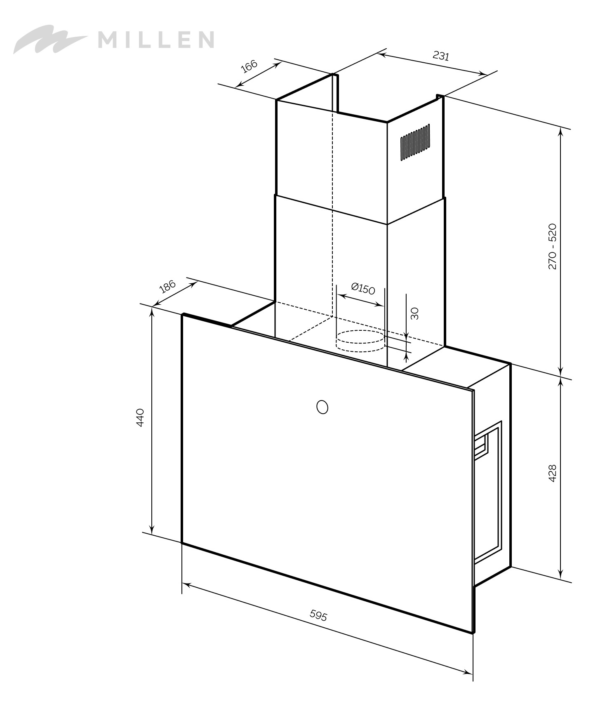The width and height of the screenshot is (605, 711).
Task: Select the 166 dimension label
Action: pos(249,66)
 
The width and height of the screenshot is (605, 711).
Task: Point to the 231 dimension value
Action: pos(440,56)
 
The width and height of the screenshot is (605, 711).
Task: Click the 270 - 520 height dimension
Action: pos(553,247)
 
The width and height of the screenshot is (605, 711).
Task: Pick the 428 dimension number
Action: pos(553,473)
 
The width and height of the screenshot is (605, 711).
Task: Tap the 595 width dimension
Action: pos(318,616)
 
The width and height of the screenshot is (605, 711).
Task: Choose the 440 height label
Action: pos(140,417)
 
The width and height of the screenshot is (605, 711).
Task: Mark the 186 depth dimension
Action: pos(167,286)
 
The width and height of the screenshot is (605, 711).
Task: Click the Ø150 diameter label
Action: pos(363,289)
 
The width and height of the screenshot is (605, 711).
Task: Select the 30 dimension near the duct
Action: pos(415,313)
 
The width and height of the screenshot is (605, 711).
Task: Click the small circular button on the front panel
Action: pos(322,407)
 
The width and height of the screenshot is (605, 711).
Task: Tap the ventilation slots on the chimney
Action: pos(415,142)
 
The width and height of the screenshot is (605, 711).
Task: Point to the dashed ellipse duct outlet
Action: pos(360,341)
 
